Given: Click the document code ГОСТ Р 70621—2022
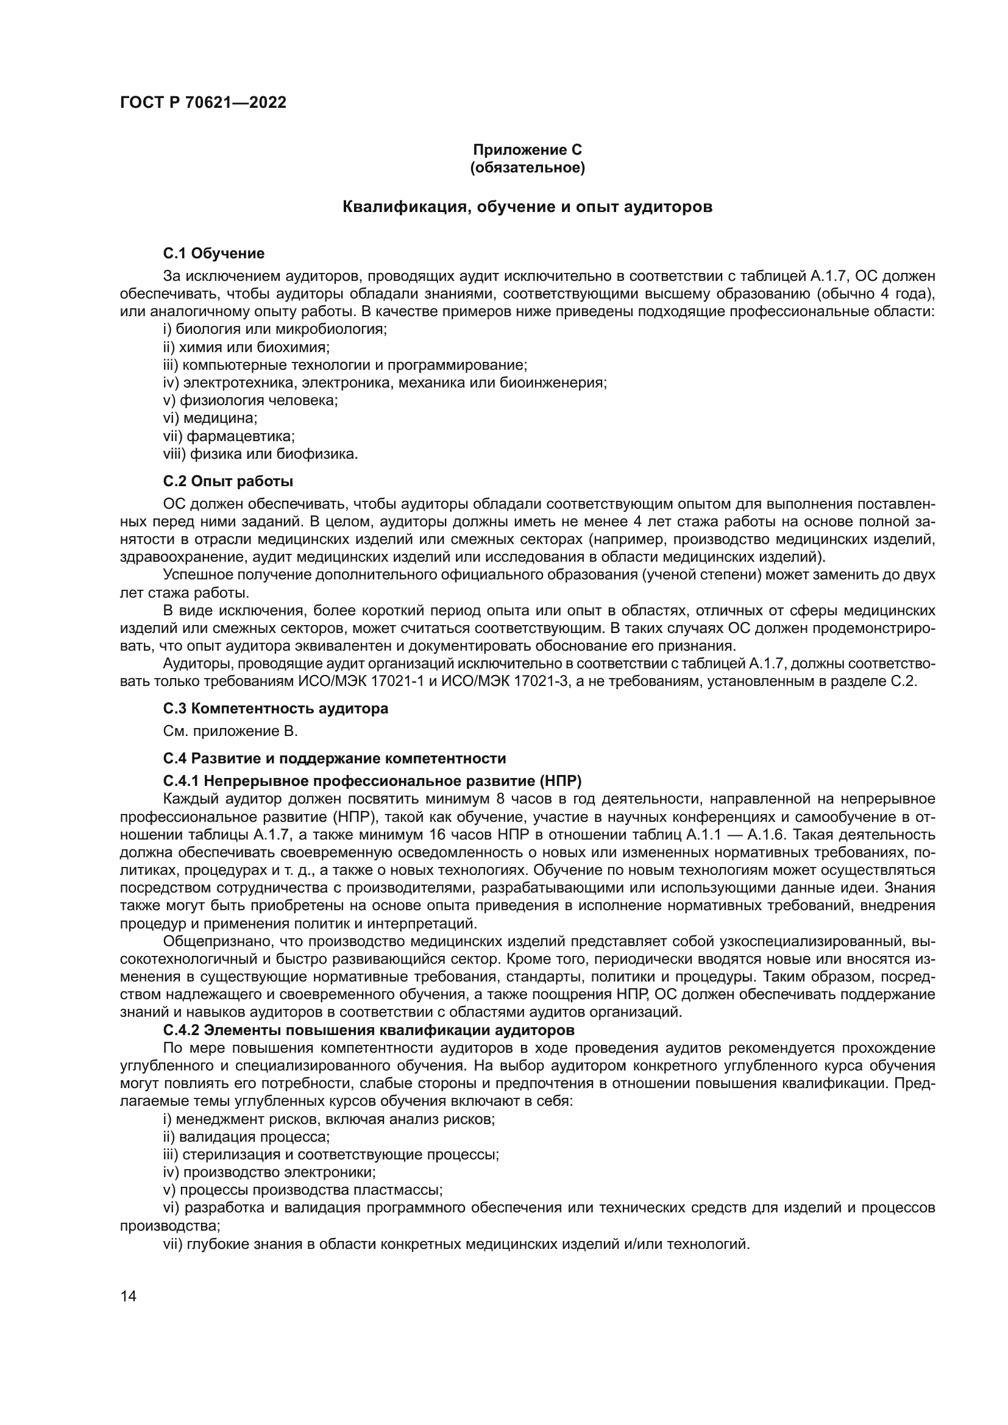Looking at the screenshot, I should (203, 102).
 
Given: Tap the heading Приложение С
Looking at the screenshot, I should (528, 150).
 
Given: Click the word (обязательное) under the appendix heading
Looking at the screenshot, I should (528, 168).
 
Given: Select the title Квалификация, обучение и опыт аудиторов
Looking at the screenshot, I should (528, 207).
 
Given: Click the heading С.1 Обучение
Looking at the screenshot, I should (213, 253).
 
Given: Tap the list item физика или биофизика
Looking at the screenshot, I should (261, 454).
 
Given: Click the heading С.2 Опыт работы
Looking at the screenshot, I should (228, 481).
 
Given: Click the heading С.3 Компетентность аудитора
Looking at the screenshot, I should (275, 708).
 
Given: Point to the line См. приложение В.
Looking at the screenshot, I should (230, 731).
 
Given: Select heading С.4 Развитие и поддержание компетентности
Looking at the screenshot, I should (335, 758).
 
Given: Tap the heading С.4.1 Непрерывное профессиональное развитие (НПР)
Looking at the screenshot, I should (372, 780).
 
